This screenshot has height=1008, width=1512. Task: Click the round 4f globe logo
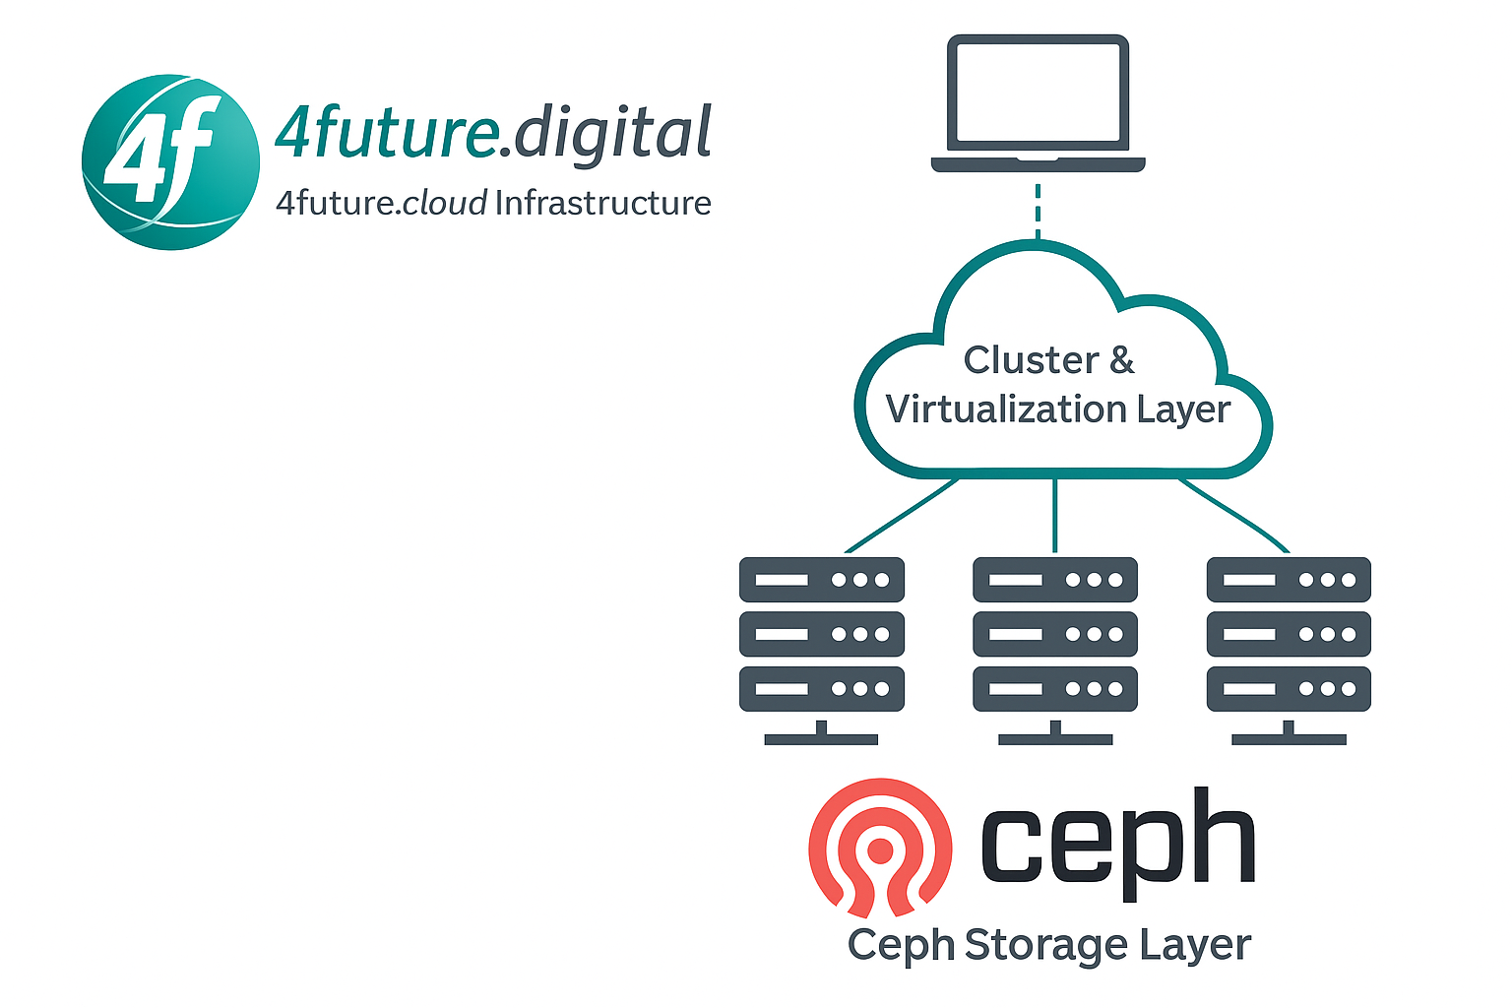click(x=170, y=162)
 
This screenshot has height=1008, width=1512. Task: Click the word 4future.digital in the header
click(x=492, y=133)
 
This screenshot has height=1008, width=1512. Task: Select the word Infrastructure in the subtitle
click(x=602, y=203)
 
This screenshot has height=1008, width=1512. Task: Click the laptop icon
click(x=1038, y=103)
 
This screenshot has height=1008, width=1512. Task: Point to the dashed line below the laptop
click(x=1038, y=211)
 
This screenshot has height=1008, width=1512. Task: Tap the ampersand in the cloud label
click(x=1121, y=360)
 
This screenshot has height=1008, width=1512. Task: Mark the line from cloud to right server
click(x=1234, y=514)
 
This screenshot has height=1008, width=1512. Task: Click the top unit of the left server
click(x=821, y=580)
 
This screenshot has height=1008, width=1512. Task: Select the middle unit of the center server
click(x=1054, y=634)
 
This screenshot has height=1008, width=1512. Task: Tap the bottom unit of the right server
click(x=1289, y=689)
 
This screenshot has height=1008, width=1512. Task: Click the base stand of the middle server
click(x=1054, y=736)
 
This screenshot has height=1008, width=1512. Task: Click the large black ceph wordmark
click(x=1117, y=842)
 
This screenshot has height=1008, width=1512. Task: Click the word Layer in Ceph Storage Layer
click(x=1195, y=945)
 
